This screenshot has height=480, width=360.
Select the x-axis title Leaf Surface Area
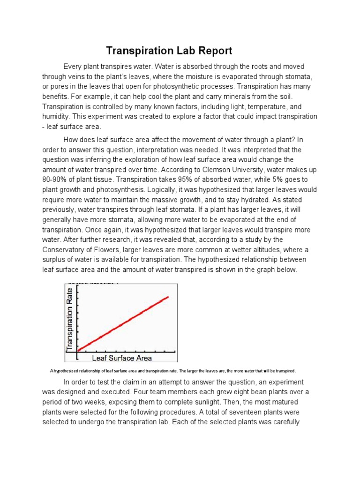coord(122,359)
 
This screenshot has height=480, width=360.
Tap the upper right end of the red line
coord(168,297)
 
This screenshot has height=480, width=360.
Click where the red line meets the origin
coord(78,350)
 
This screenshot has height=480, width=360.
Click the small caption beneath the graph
coord(173,370)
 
